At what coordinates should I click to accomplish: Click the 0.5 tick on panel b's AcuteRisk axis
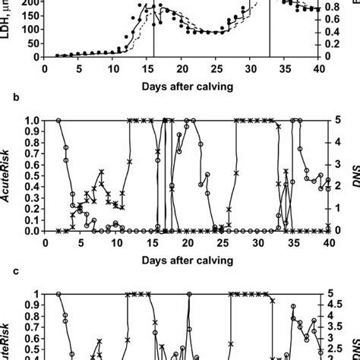click(x=24, y=175)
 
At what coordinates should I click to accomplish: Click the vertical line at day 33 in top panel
click(x=269, y=30)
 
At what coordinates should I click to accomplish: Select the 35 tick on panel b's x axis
click(x=283, y=242)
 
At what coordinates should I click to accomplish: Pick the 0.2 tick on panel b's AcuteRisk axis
click(x=24, y=209)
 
